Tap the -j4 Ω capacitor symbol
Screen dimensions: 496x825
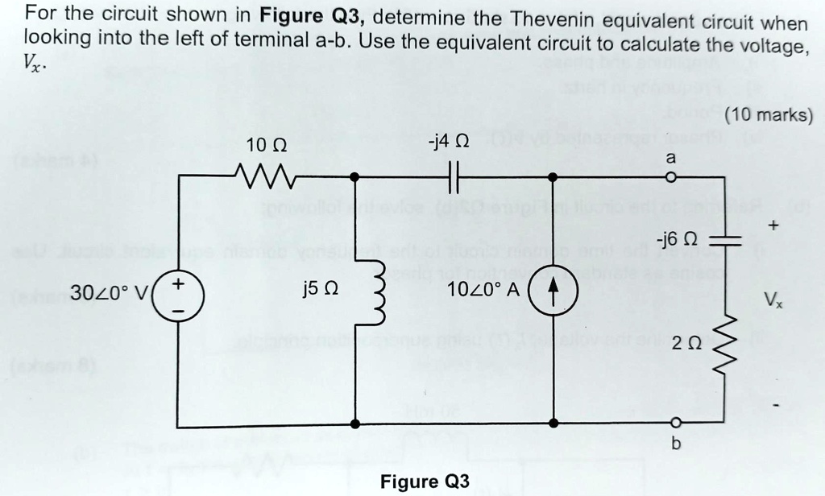tap(453, 175)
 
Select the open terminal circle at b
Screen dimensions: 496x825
tap(676, 424)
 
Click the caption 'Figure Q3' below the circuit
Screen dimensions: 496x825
tap(424, 482)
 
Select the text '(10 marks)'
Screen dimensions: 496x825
tap(768, 114)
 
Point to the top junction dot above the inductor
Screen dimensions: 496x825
tap(355, 176)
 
